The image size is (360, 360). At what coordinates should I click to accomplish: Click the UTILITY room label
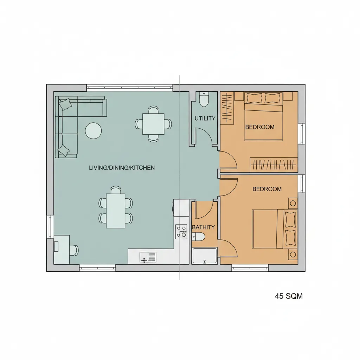click(x=205, y=118)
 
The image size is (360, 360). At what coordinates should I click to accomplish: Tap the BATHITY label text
click(x=203, y=227)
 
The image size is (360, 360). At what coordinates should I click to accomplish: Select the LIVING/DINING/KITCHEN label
click(x=122, y=168)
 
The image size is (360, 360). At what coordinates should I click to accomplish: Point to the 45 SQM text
click(x=289, y=296)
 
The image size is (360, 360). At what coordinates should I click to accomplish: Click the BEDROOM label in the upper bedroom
click(x=260, y=127)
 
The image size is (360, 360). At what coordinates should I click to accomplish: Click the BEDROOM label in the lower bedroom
click(x=267, y=189)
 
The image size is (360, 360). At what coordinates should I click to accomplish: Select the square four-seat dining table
click(x=153, y=124)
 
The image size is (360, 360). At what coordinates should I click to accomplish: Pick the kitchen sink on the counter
click(x=148, y=257)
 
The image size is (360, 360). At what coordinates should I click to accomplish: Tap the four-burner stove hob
click(x=181, y=232)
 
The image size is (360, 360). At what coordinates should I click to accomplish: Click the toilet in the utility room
click(x=204, y=99)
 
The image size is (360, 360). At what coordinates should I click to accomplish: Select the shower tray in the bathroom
click(x=205, y=256)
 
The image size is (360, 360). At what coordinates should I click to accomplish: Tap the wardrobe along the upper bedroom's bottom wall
click(x=274, y=165)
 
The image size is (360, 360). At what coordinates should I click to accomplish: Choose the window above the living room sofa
click(x=130, y=88)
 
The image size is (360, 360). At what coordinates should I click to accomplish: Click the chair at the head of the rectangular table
click(x=115, y=190)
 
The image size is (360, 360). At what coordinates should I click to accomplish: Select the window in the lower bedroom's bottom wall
click(x=250, y=268)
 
